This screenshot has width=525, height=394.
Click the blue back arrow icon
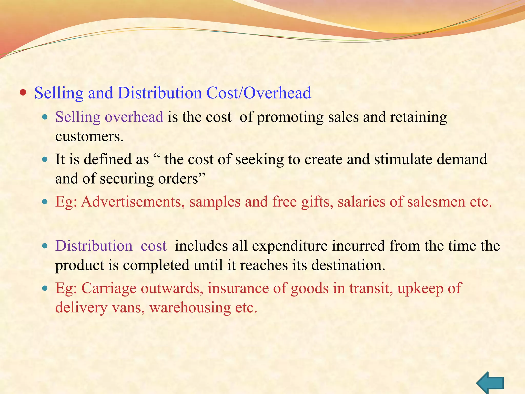coord(490,383)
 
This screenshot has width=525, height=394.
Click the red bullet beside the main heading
coord(23,93)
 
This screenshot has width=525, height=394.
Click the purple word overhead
coord(134,117)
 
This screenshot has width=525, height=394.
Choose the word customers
coord(89,136)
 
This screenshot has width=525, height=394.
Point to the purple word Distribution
coord(94,246)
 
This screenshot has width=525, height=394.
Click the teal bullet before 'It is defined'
coord(45,160)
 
